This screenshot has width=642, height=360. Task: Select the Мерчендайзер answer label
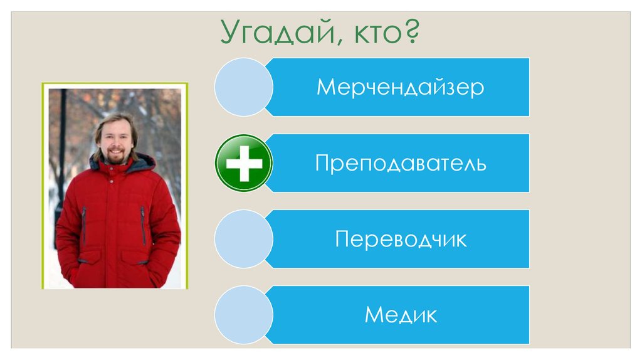[x=400, y=87]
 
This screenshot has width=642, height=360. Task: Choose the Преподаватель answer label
[x=400, y=164]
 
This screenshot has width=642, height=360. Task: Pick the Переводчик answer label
[x=401, y=240]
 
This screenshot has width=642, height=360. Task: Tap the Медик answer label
[x=401, y=315]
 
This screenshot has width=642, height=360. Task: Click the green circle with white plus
[x=243, y=163]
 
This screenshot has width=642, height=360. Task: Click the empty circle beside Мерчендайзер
[x=243, y=87]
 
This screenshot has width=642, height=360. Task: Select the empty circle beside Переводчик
[x=243, y=239]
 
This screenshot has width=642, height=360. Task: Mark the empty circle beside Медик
[x=243, y=315]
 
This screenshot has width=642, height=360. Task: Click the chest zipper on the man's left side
[x=143, y=226]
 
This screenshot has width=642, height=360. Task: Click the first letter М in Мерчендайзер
[x=324, y=87]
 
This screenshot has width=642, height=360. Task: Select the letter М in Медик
[x=374, y=315]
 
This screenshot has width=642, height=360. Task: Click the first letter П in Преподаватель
[x=322, y=164]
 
